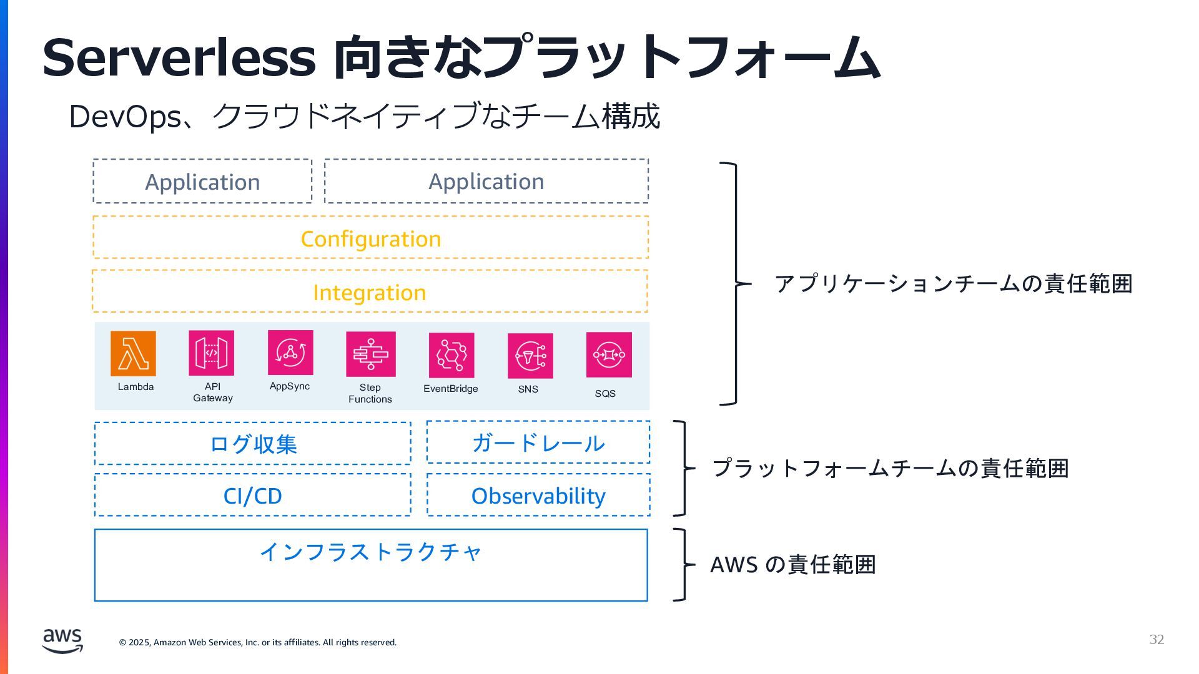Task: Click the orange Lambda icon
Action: tap(133, 353)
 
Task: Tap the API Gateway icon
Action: tap(212, 353)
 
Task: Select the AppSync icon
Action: tap(290, 353)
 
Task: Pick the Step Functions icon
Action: tap(371, 354)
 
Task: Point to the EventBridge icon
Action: tap(451, 355)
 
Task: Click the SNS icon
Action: tap(530, 356)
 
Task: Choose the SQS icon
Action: tap(609, 354)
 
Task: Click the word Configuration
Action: tap(371, 239)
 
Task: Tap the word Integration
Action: tap(370, 293)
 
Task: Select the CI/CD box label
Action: tap(253, 496)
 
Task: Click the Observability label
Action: tap(538, 496)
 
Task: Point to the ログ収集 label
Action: tap(253, 444)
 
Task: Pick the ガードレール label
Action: tap(538, 443)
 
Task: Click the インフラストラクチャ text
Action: tap(371, 552)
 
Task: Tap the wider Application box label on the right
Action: tap(486, 182)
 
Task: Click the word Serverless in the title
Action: tap(179, 57)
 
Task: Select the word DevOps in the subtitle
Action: tap(125, 117)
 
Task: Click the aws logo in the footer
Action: tap(62, 640)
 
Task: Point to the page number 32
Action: tap(1157, 640)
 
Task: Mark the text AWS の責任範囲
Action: tap(793, 565)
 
